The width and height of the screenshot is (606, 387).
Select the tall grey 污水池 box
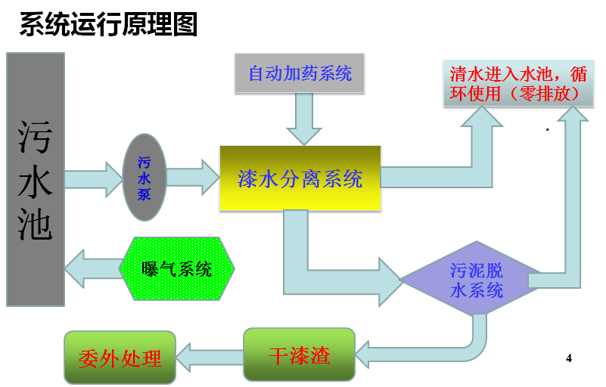[36, 179]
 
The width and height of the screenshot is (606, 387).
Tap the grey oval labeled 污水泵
[144, 177]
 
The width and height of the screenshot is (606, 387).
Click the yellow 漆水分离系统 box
[300, 178]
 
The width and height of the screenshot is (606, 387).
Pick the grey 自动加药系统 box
[300, 73]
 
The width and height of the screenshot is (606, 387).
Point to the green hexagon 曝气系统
[177, 268]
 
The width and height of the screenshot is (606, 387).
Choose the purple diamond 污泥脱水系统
[476, 280]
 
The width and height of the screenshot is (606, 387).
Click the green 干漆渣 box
[299, 354]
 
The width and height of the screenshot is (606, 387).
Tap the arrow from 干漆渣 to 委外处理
[209, 354]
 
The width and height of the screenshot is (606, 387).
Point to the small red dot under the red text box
[547, 130]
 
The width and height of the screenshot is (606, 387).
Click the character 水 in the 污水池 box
[36, 179]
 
